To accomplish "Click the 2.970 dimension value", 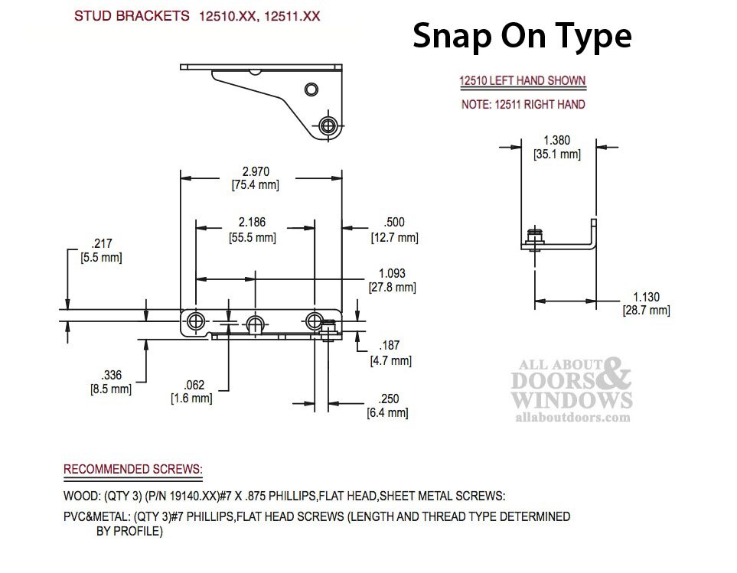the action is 256,172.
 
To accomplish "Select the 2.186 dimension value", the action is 252,222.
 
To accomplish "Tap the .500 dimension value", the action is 394,222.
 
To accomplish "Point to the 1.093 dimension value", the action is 392,273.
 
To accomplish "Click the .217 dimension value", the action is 102,244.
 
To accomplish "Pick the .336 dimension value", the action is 112,376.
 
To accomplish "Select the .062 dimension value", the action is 194,385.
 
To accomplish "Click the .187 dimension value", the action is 390,346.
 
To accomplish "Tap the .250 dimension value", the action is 388,399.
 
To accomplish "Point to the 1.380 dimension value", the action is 557,141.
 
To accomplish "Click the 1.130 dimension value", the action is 646,298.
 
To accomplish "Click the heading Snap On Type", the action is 522,37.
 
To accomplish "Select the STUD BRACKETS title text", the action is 132,16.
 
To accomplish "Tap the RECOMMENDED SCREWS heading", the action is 133,469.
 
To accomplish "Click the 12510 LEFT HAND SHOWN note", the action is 522,81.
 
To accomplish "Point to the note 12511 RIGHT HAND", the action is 523,104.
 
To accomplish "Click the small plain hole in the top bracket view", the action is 311,90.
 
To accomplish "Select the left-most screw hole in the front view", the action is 196,322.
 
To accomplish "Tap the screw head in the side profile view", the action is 534,233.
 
